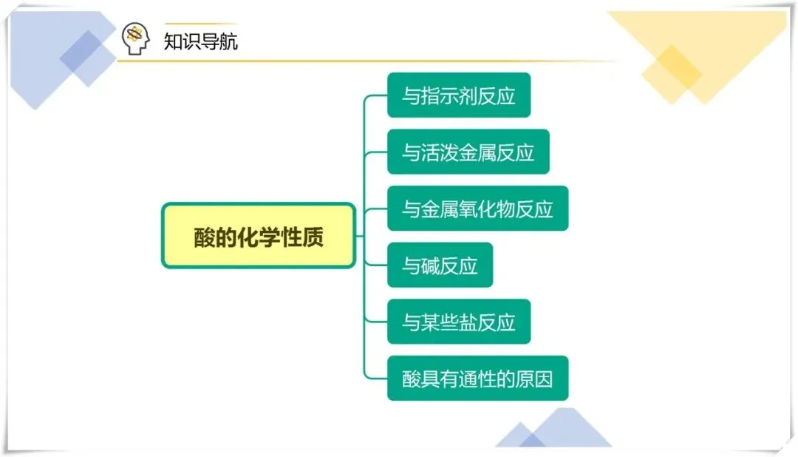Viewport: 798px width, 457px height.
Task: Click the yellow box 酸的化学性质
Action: pyautogui.click(x=258, y=236)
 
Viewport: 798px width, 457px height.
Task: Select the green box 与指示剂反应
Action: pyautogui.click(x=458, y=95)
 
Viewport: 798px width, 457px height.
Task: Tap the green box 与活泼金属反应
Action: pyautogui.click(x=468, y=152)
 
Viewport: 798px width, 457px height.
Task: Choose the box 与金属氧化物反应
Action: pyautogui.click(x=477, y=209)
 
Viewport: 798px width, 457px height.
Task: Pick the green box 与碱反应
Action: pyautogui.click(x=440, y=265)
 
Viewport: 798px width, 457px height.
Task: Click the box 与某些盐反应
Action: pyautogui.click(x=458, y=322)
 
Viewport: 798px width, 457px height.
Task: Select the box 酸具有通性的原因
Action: pyautogui.click(x=477, y=379)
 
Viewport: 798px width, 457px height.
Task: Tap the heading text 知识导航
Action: pyautogui.click(x=200, y=40)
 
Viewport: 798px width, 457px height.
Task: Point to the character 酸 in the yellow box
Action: pyautogui.click(x=203, y=237)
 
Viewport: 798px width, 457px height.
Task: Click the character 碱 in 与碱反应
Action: pyautogui.click(x=430, y=265)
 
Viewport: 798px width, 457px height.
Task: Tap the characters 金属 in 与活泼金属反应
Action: pyautogui.click(x=477, y=152)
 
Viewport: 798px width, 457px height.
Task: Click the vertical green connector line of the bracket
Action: pyautogui.click(x=364, y=237)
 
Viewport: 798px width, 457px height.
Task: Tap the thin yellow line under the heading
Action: pyautogui.click(x=369, y=61)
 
